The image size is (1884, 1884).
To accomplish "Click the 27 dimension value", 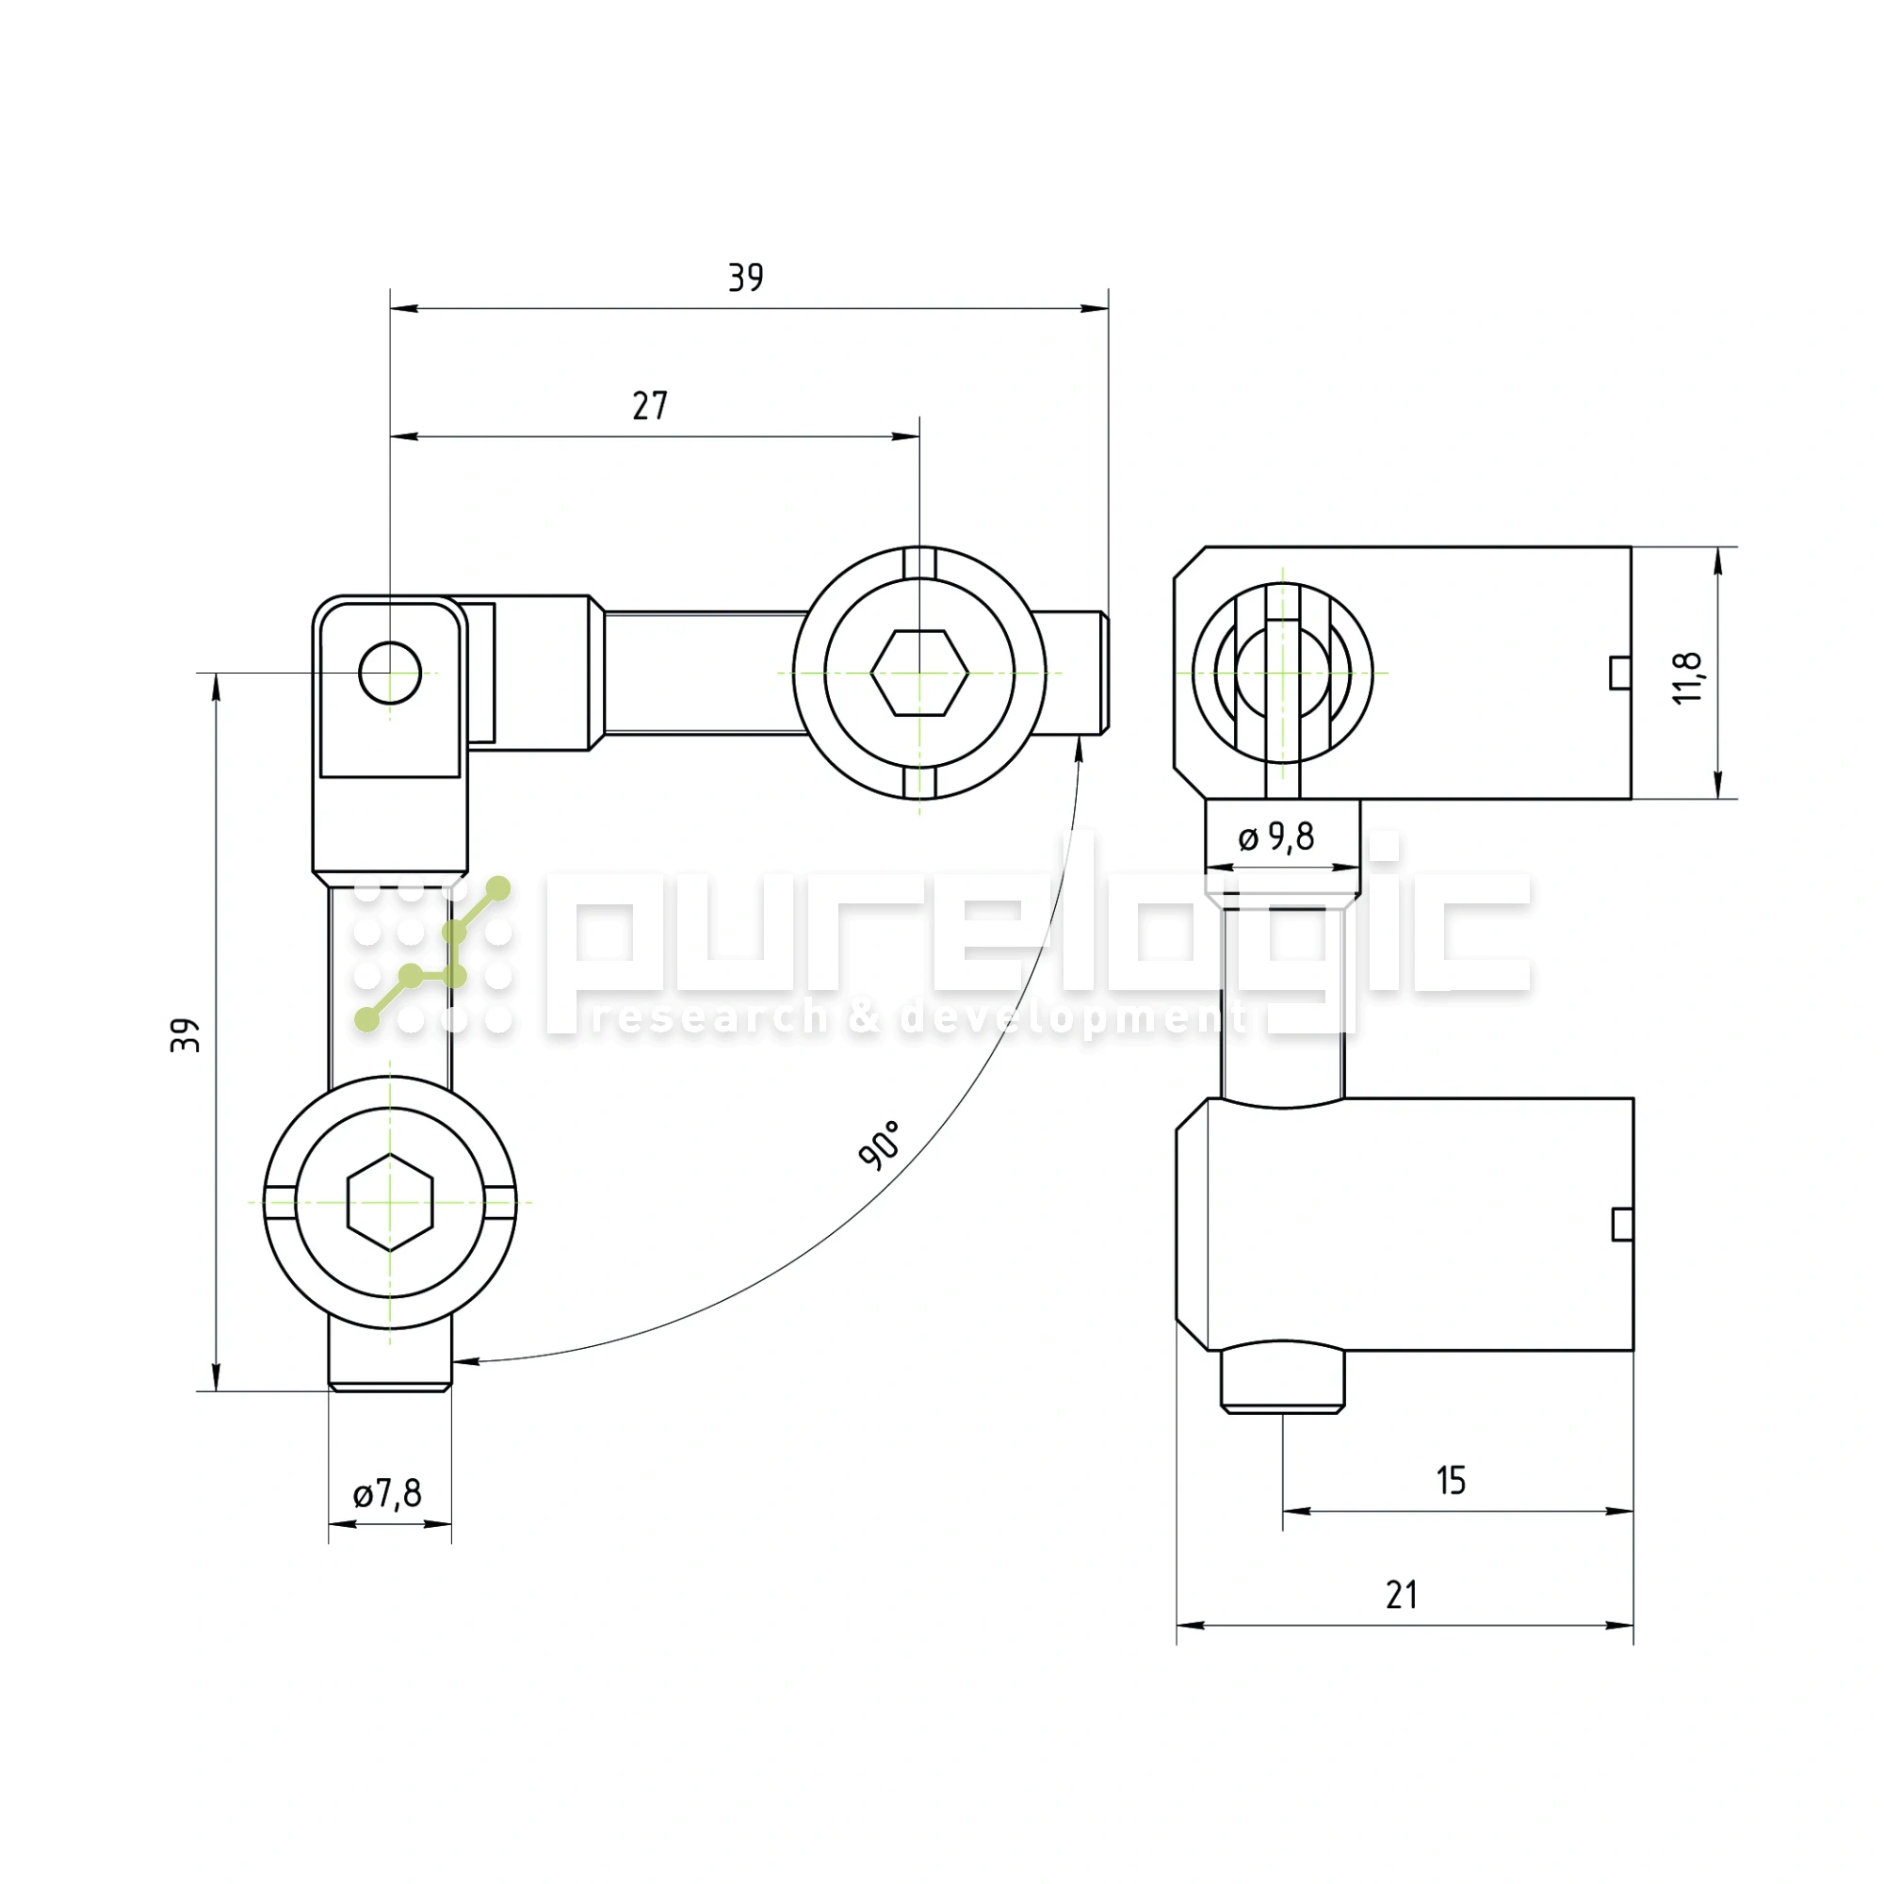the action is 650,406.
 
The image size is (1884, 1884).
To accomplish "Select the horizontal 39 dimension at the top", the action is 746,278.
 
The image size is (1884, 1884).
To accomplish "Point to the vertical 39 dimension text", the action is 186,1034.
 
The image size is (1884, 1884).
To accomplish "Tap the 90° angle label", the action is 879,1145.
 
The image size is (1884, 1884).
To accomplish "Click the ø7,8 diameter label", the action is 387,1493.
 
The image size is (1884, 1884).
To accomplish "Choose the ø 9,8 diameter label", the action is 1275,836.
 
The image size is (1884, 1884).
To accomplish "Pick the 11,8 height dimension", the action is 1688,676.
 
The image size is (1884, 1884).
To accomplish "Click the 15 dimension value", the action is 1451,1480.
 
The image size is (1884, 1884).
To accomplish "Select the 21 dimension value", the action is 1402,1596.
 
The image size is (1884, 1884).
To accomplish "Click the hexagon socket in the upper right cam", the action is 919,673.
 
